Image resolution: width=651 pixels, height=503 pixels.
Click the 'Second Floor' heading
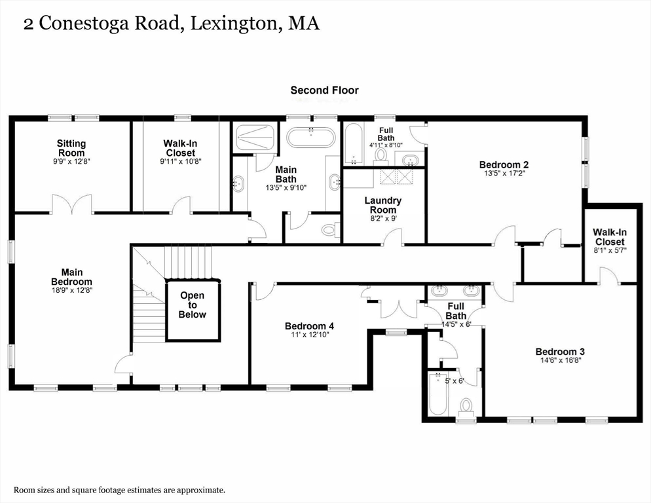(x=324, y=90)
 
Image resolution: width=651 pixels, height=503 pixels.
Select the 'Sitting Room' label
(x=71, y=148)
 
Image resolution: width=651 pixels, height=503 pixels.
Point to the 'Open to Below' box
(x=193, y=305)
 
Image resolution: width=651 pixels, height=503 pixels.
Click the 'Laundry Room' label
(x=382, y=205)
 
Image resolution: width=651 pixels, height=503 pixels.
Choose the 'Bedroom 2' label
(x=504, y=164)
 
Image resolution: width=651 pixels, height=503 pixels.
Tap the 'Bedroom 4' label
(x=309, y=326)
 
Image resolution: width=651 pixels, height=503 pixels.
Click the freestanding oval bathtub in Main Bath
(x=311, y=138)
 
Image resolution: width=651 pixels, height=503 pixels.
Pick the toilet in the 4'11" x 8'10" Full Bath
(x=381, y=155)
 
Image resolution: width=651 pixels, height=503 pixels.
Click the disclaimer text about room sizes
(x=120, y=490)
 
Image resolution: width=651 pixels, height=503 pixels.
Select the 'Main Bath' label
(x=286, y=174)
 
